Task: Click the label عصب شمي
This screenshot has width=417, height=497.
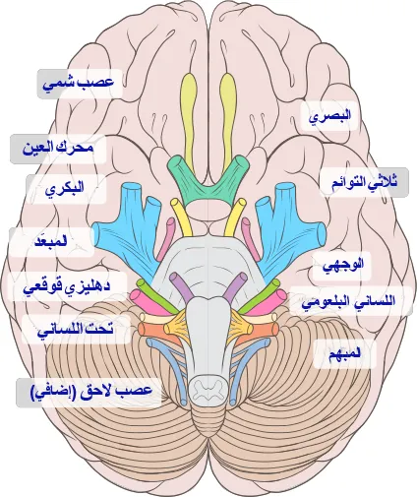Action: (79, 83)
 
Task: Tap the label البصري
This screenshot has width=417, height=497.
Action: (329, 116)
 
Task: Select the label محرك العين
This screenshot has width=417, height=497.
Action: (58, 149)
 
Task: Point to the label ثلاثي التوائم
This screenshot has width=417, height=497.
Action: (364, 182)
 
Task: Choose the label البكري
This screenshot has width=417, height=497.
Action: (65, 188)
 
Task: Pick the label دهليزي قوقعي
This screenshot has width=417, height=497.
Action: (67, 286)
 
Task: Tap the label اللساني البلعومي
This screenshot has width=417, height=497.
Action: (348, 301)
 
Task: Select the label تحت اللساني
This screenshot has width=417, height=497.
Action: (76, 329)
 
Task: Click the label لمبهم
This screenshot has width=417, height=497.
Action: (344, 354)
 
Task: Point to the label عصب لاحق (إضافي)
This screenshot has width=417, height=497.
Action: (91, 391)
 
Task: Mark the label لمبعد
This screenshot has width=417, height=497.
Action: (51, 241)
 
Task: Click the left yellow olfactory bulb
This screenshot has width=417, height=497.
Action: (190, 118)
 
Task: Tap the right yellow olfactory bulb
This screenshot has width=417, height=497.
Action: (228, 118)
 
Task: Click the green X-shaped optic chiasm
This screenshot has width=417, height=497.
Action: (208, 184)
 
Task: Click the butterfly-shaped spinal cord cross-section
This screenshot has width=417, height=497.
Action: (208, 388)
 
